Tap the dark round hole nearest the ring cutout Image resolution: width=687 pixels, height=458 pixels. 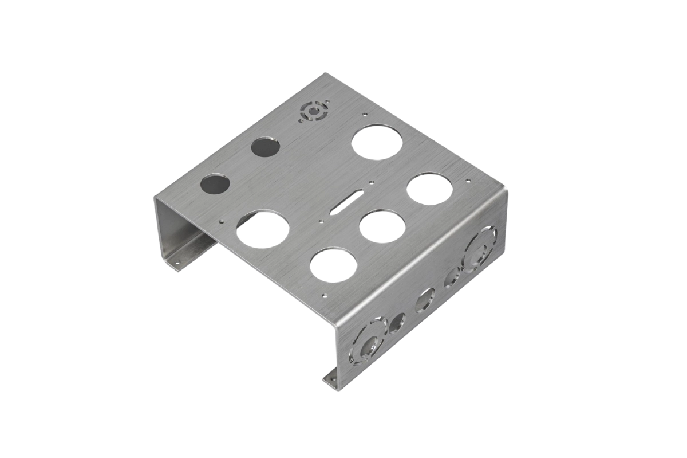point(266,147)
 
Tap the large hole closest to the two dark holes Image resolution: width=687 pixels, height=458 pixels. point(263,229)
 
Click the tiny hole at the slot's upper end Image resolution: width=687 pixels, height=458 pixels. point(372,183)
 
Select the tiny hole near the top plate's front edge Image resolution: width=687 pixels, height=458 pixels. point(324,297)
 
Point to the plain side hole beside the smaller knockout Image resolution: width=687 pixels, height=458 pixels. point(396,323)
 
